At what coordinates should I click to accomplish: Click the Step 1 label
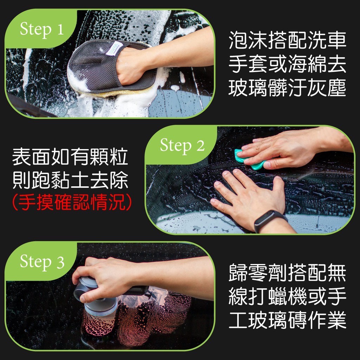click(41, 30)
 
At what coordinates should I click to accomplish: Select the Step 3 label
click(42, 262)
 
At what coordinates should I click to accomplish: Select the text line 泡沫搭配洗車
click(287, 40)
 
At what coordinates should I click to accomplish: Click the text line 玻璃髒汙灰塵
click(287, 88)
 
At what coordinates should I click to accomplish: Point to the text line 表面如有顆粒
click(70, 157)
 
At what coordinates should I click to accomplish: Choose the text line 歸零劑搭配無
click(287, 272)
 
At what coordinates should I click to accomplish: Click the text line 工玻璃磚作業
click(287, 320)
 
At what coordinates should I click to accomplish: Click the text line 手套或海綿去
click(287, 64)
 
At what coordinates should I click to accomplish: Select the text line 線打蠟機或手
click(287, 296)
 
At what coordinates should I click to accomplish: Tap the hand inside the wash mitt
click(131, 65)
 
